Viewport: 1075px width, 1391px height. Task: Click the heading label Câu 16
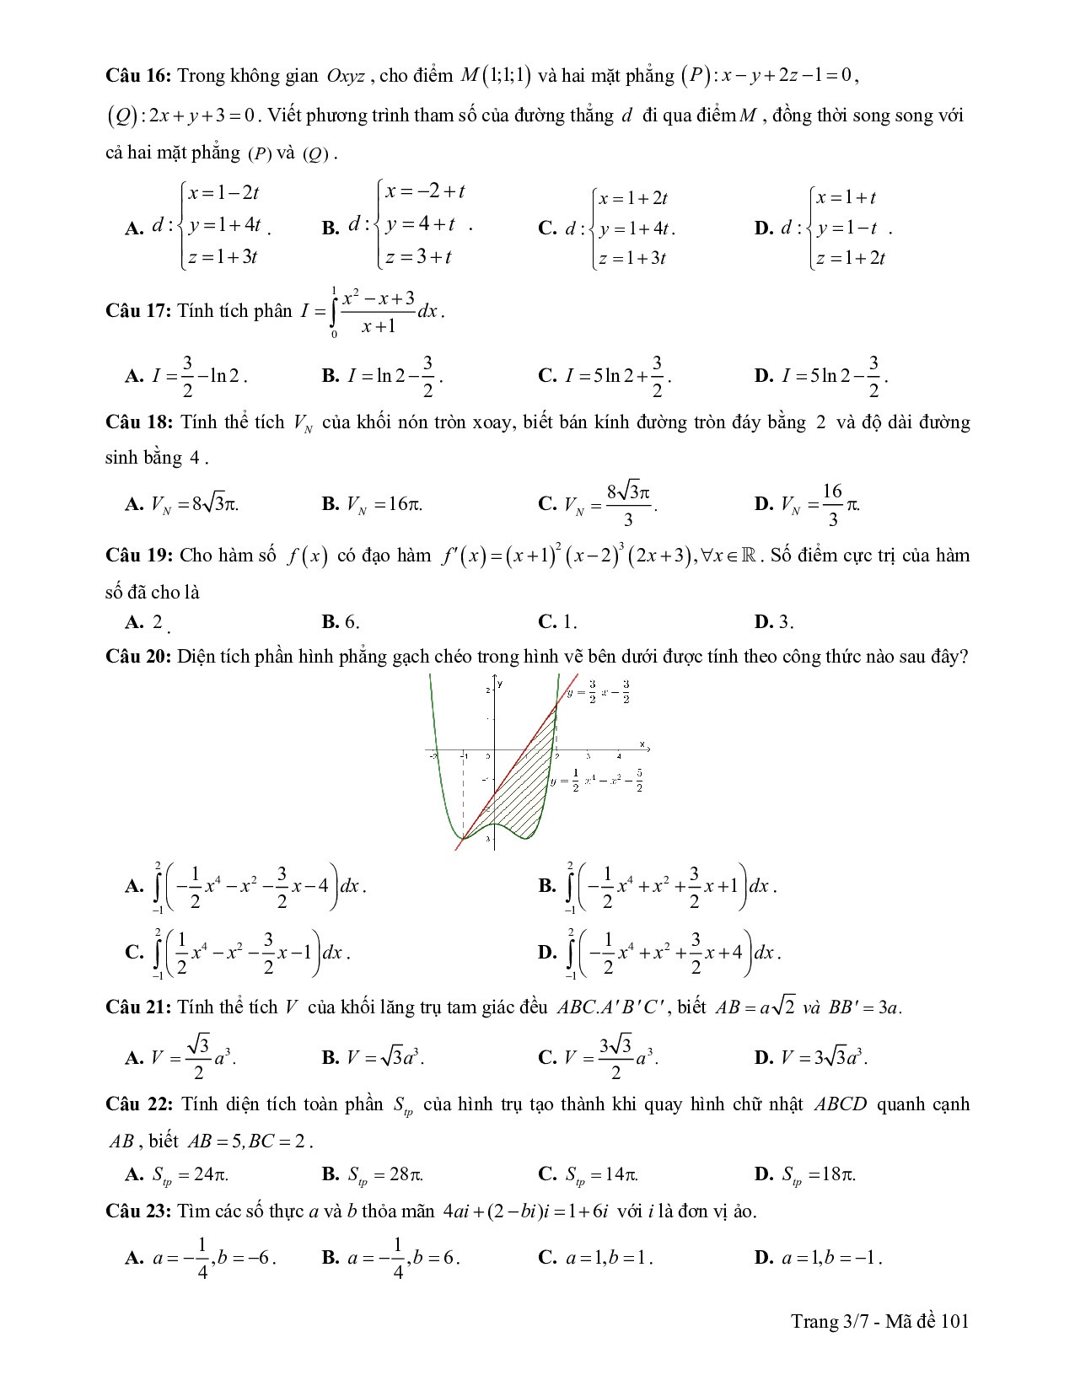[x=138, y=76]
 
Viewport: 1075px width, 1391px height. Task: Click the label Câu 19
[x=138, y=556]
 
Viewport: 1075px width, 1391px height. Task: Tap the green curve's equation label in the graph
[x=597, y=781]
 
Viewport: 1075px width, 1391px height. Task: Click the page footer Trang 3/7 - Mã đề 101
[x=879, y=1321]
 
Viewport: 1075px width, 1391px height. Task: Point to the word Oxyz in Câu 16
[x=346, y=76]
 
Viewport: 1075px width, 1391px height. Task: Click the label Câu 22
[x=138, y=1104]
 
